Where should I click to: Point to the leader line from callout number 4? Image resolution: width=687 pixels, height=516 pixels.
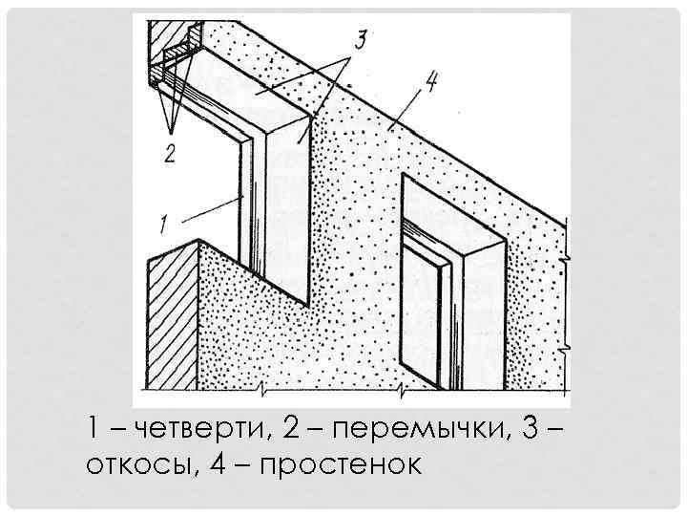coord(406,109)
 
